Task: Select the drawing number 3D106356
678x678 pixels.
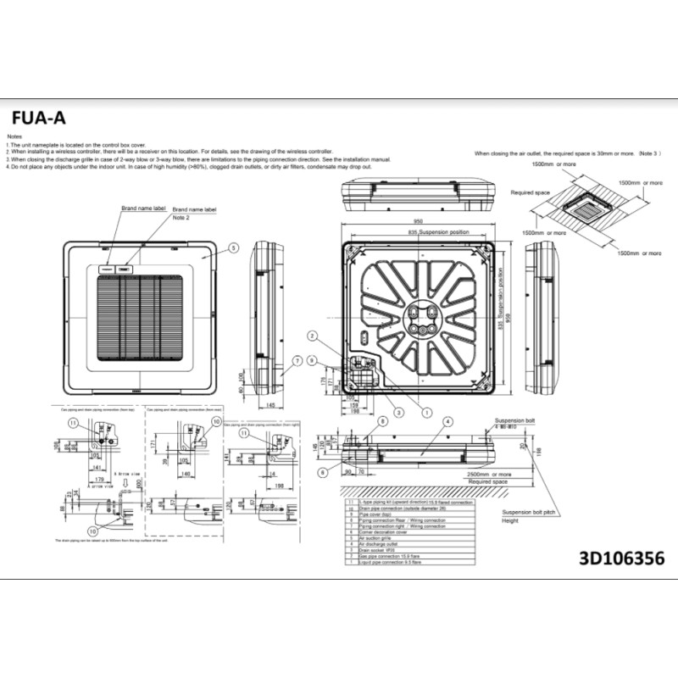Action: (621, 559)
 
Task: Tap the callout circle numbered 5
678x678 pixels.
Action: (233, 248)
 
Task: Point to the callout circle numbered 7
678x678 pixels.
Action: (297, 361)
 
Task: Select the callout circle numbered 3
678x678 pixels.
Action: (399, 410)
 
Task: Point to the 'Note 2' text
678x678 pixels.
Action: (181, 217)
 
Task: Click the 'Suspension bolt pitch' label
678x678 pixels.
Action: (528, 513)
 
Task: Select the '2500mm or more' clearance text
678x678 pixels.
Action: (488, 475)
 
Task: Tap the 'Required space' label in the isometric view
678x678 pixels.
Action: (530, 192)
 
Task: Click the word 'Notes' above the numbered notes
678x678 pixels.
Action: (14, 136)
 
